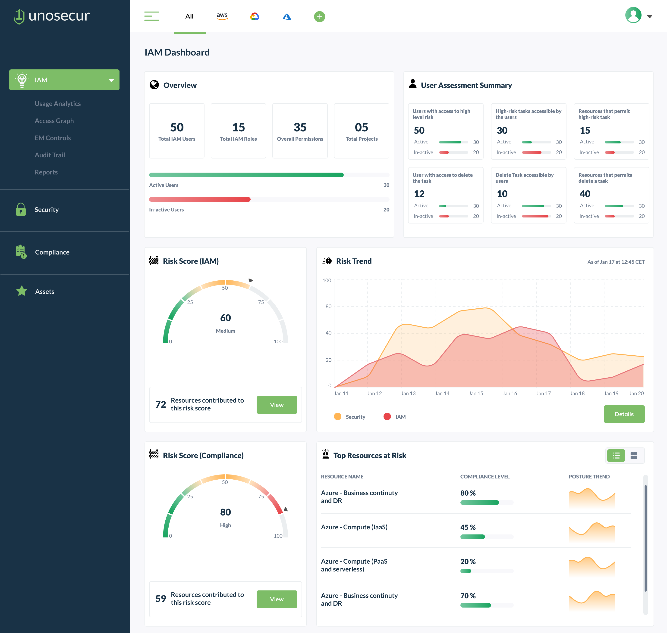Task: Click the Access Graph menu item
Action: coord(54,121)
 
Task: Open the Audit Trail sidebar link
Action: coord(50,155)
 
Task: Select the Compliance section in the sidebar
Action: coord(52,252)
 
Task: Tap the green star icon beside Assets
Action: coord(22,291)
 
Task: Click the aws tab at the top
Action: coord(222,16)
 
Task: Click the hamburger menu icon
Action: coord(152,16)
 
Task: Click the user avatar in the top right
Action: coord(633,16)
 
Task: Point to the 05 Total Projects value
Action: coord(361,127)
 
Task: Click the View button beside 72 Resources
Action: coord(277,405)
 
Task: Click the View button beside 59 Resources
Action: coord(277,599)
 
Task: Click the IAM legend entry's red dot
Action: coord(387,416)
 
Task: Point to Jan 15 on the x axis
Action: coord(475,393)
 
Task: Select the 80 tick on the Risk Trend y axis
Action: coord(328,306)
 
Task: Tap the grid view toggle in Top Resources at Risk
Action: coord(634,456)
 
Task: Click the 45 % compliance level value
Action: coord(468,527)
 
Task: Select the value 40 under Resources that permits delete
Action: coord(585,194)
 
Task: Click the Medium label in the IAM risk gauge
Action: coord(225,331)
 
